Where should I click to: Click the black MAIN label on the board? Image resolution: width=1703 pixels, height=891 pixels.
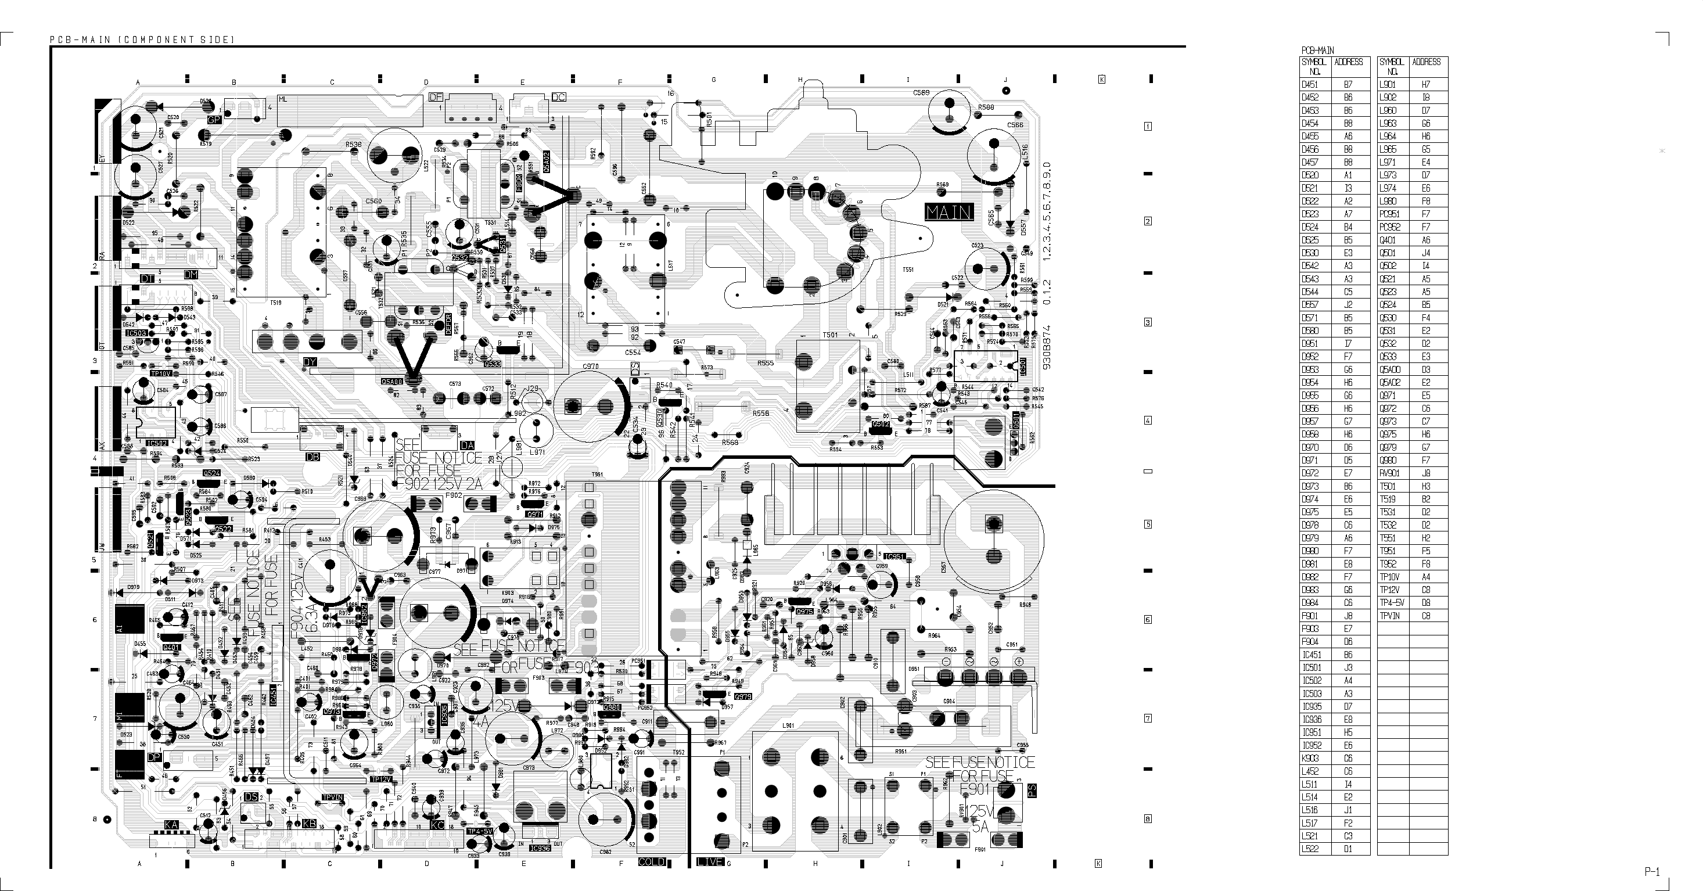(949, 212)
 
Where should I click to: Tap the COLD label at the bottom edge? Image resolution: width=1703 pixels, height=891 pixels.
(652, 862)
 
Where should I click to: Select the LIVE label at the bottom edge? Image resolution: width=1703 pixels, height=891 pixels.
(711, 862)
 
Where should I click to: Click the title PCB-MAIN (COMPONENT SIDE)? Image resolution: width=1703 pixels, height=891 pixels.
(142, 39)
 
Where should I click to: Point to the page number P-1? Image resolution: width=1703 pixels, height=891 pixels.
(1652, 872)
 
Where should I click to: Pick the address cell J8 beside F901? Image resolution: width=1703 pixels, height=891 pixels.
(1348, 615)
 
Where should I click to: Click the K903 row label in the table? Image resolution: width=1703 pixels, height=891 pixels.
(1310, 758)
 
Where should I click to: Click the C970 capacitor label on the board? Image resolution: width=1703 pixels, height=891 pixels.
(590, 366)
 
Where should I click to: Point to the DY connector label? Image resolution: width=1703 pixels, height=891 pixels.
(310, 362)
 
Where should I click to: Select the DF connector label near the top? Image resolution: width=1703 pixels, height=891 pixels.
(436, 97)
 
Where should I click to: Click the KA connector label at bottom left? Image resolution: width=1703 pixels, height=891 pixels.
(171, 825)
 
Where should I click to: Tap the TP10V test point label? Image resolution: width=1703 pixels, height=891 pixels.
(161, 373)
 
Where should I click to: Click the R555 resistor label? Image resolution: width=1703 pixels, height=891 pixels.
(766, 363)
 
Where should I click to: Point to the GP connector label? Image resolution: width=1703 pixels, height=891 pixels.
(214, 120)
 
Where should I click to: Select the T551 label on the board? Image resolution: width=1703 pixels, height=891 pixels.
(908, 270)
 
